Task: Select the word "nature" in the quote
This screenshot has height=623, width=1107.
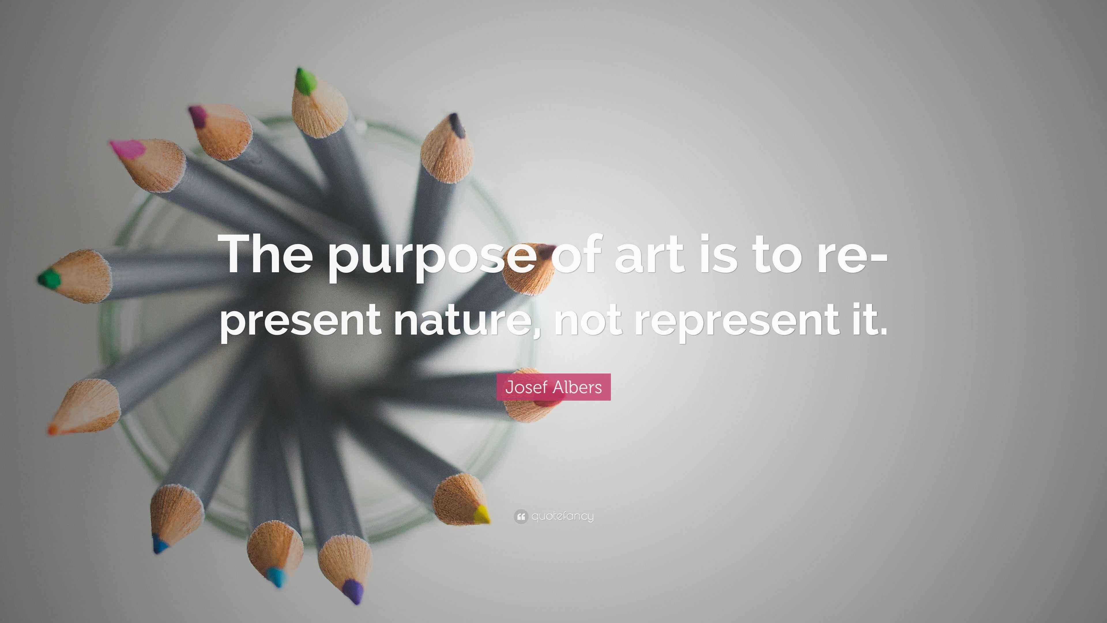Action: (464, 320)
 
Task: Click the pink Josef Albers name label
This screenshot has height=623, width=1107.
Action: (553, 387)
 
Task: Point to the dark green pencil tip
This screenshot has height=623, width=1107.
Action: (48, 279)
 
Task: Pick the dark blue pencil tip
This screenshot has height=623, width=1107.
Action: (160, 546)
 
